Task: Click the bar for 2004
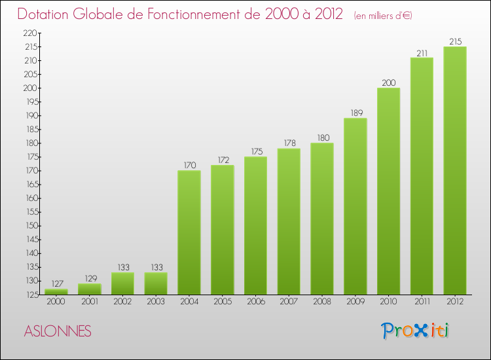tap(189, 232)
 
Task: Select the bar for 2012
tap(454, 170)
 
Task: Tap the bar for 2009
tap(355, 206)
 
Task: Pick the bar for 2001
tap(90, 289)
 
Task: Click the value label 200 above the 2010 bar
tap(388, 82)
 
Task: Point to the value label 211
tap(422, 52)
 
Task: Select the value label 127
tap(56, 283)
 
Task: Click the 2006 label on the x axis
tap(255, 302)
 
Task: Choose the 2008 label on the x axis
tap(321, 302)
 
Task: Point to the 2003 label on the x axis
tap(156, 302)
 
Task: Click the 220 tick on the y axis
tap(30, 33)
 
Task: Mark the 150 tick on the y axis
tap(30, 226)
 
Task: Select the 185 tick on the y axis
tap(30, 129)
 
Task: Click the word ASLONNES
tap(58, 331)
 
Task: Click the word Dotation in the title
tap(46, 14)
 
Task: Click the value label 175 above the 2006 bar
tap(255, 151)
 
